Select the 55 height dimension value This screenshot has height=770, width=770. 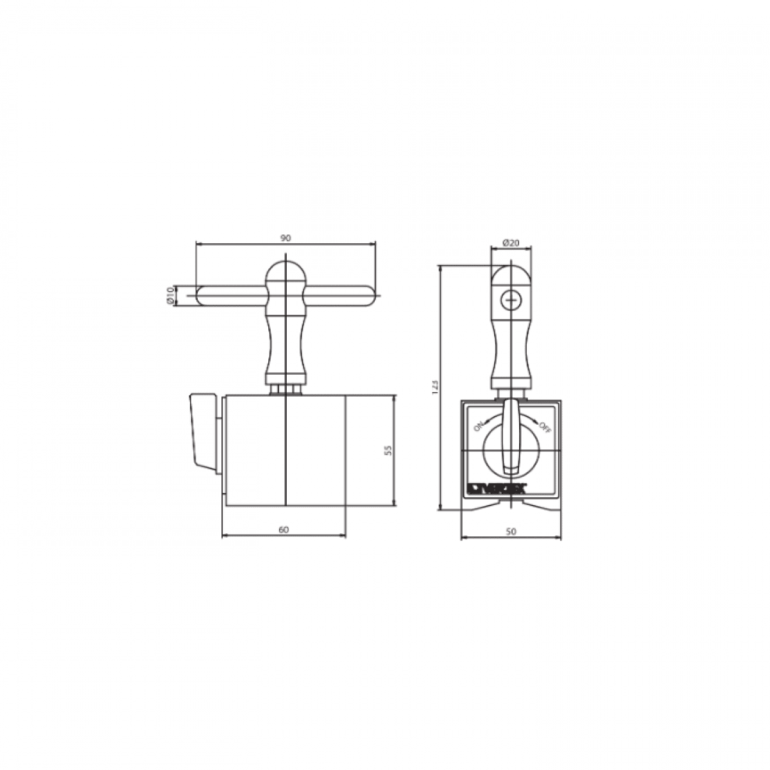tap(387, 450)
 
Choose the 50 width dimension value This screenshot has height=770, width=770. tap(511, 531)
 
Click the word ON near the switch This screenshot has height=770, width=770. tap(478, 427)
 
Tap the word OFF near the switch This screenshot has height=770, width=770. tap(544, 426)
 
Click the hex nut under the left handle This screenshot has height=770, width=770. tap(285, 389)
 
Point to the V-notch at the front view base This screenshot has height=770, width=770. tap(511, 504)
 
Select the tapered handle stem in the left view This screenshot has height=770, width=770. tap(285, 346)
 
